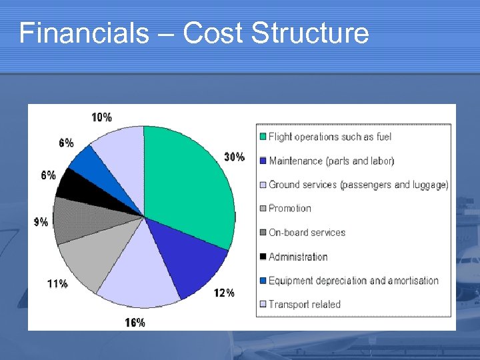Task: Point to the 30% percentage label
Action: click(234, 157)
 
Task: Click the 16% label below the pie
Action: click(135, 323)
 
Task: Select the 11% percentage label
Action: click(57, 283)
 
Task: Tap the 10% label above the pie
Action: click(101, 117)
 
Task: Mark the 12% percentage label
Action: click(224, 293)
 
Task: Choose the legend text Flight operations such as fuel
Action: click(330, 137)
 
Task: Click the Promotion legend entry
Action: click(290, 209)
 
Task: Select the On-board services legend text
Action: click(307, 233)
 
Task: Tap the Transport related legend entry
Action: click(304, 305)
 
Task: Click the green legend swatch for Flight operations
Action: click(263, 137)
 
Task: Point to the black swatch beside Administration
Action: click(263, 257)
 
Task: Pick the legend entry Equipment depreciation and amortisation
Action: click(353, 281)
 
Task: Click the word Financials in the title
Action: click(84, 33)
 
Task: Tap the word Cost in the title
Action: click(213, 33)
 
